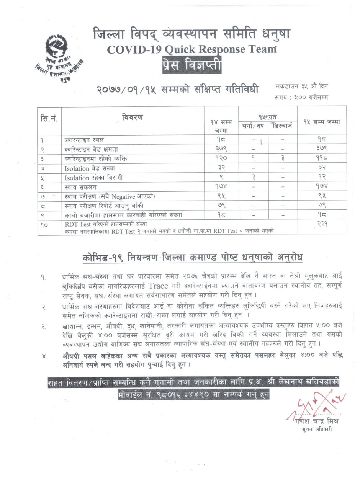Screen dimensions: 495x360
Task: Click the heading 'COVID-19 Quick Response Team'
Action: pos(192,50)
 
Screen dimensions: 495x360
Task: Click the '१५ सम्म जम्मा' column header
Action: pos(322,122)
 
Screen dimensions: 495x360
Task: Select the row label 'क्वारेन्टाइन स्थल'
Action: pos(84,140)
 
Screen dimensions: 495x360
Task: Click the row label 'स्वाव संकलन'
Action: pos(80,187)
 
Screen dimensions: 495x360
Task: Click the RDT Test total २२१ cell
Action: pos(322,224)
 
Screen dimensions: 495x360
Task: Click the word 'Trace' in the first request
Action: pos(158,286)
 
